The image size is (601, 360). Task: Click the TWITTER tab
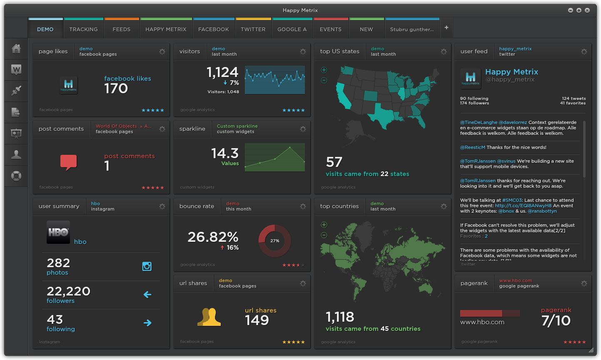(x=253, y=30)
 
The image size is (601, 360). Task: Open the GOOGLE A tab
(x=292, y=30)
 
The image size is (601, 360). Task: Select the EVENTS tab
(x=331, y=30)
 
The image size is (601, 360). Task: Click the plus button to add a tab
(x=446, y=27)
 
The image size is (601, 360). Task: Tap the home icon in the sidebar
(x=16, y=49)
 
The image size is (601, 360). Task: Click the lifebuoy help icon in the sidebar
(x=16, y=176)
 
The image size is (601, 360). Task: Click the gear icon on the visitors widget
(x=303, y=52)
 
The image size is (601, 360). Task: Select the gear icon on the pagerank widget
(x=584, y=283)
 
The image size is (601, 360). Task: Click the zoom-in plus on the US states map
(x=324, y=70)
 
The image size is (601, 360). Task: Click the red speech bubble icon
(x=69, y=162)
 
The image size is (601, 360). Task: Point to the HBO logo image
(x=58, y=232)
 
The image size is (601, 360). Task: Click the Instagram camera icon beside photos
(x=147, y=266)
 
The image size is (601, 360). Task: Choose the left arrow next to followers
(x=147, y=295)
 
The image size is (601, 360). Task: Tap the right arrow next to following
(x=147, y=323)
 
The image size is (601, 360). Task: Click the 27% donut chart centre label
(x=275, y=241)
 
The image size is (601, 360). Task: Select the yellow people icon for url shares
(x=209, y=317)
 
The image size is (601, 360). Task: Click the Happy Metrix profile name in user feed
(x=511, y=72)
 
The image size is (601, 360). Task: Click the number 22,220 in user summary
(x=68, y=291)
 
